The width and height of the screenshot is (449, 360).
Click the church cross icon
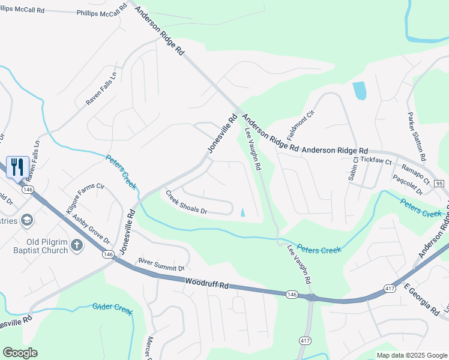[76, 245]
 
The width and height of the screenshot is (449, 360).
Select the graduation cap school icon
[26, 220]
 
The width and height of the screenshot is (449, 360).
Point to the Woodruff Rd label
[208, 284]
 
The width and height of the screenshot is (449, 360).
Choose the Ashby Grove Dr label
[91, 230]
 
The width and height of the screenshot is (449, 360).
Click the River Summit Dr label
[160, 263]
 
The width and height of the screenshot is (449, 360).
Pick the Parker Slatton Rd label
[416, 136]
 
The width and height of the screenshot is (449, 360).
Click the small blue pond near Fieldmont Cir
[359, 91]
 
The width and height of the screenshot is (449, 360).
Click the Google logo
[20, 353]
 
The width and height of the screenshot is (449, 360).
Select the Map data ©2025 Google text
[411, 355]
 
